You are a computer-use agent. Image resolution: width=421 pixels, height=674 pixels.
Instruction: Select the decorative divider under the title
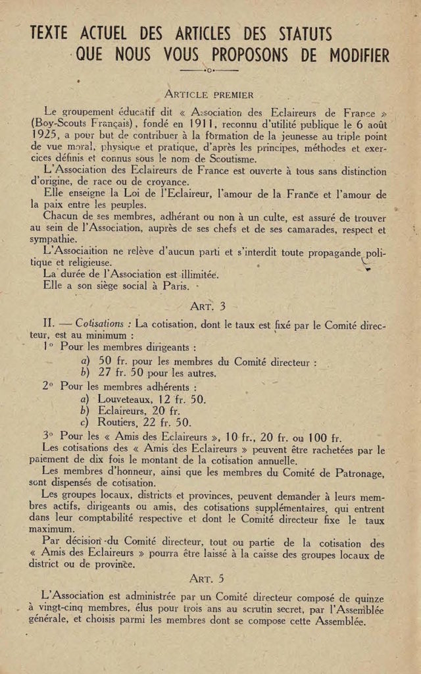(209, 70)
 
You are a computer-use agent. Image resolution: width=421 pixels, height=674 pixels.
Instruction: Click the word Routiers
(118, 423)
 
